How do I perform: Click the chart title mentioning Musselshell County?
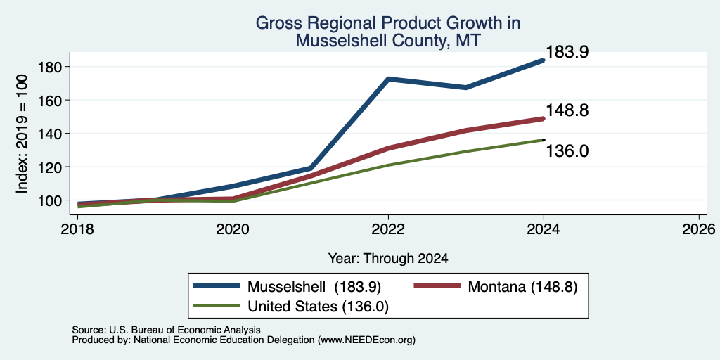(387, 31)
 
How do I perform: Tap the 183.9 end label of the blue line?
(567, 52)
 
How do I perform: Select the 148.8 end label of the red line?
(567, 110)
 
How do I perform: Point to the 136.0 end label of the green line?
(567, 151)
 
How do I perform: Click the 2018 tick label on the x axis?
(77, 229)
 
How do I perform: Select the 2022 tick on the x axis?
(388, 229)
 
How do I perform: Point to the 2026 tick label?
(698, 229)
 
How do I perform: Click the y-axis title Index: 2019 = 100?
(22, 134)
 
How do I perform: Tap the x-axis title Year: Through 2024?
(388, 259)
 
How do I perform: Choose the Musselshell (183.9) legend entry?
(288, 287)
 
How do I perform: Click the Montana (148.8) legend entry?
(496, 287)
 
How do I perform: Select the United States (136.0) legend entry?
(291, 307)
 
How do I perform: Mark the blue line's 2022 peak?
(388, 79)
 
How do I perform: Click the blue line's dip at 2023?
(465, 87)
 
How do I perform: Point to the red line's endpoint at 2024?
(544, 118)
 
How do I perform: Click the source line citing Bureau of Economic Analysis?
(166, 330)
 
